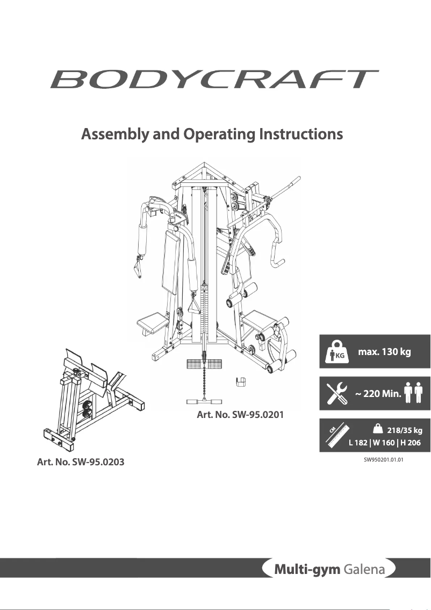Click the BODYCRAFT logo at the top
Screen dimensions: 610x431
[x=214, y=79]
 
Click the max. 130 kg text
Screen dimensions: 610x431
[x=384, y=352]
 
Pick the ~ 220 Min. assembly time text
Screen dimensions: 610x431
[x=378, y=394]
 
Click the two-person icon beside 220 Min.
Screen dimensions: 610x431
[x=414, y=394]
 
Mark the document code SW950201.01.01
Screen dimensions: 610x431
[x=383, y=460]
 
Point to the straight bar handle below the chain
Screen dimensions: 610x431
[x=205, y=401]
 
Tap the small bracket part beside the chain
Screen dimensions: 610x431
[x=241, y=382]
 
